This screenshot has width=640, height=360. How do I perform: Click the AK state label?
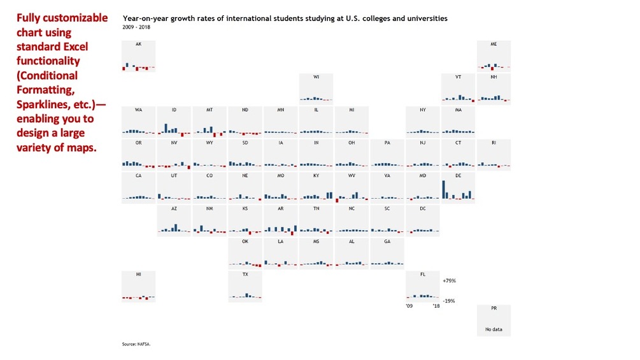pos(139,44)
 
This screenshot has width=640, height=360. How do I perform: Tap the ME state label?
pos(494,44)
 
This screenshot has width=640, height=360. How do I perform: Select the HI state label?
pos(139,274)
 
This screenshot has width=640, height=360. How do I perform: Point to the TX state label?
pos(245,274)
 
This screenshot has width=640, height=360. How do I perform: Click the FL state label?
pos(423,274)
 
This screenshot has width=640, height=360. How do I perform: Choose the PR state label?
pos(494,308)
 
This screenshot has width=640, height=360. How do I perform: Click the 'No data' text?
pos(494,329)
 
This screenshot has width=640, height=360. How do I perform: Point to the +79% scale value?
pos(449,280)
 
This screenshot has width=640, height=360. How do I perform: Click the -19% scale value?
pos(449,301)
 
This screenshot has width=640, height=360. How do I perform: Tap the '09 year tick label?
pos(409,306)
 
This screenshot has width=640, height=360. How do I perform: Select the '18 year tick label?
pos(436,306)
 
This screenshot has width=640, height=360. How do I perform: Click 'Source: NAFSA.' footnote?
pos(136,344)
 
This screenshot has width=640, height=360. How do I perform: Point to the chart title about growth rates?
pos(285,18)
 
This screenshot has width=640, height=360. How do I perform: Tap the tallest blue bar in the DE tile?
pos(443,190)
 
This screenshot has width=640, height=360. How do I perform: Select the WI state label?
pos(316,77)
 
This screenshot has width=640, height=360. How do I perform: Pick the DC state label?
pos(423,208)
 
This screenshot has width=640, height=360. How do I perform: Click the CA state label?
pos(139,175)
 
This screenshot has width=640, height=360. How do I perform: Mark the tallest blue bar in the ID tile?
pos(166,127)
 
